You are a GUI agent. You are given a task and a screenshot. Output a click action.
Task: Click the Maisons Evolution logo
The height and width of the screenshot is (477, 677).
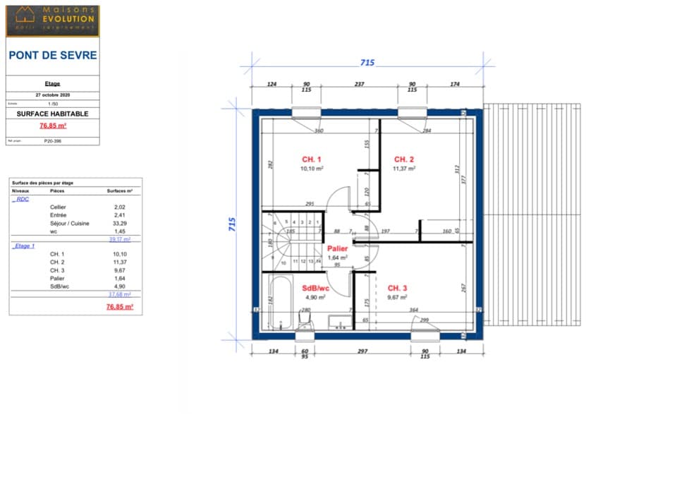tap(53, 20)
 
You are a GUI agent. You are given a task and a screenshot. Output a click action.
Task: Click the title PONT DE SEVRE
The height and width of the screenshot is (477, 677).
tap(53, 55)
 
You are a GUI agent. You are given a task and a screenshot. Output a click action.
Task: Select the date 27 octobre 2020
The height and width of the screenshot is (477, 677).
tap(53, 94)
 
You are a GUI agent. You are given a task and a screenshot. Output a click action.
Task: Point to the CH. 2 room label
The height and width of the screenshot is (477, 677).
tap(403, 159)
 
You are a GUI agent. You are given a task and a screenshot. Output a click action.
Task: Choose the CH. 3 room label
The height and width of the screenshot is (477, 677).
tap(397, 288)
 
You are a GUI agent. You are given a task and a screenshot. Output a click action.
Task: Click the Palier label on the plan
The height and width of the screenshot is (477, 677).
tap(337, 248)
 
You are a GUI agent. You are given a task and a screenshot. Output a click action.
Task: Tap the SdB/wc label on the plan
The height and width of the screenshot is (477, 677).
tap(315, 288)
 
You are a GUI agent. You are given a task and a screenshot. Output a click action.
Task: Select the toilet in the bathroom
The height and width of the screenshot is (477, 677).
tap(305, 322)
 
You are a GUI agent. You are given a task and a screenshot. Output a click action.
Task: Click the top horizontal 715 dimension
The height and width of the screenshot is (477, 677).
tap(367, 63)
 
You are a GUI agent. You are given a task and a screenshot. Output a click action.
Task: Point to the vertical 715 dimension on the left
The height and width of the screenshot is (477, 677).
tap(231, 224)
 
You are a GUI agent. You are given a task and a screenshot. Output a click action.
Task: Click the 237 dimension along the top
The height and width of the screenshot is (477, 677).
tap(359, 84)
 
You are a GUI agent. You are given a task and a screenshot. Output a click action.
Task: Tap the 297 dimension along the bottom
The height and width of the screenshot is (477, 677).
tap(363, 351)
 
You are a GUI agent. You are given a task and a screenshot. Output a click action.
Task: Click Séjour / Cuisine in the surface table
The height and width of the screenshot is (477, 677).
tap(70, 223)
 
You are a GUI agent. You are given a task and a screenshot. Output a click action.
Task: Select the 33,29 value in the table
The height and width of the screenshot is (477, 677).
tap(120, 223)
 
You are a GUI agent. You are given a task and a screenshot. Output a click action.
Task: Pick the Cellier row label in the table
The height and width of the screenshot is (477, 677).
tap(58, 207)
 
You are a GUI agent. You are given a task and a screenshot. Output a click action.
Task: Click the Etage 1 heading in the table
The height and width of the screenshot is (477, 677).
tap(24, 246)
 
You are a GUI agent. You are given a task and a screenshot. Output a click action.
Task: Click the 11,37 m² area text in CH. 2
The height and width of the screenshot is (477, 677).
tap(403, 169)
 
